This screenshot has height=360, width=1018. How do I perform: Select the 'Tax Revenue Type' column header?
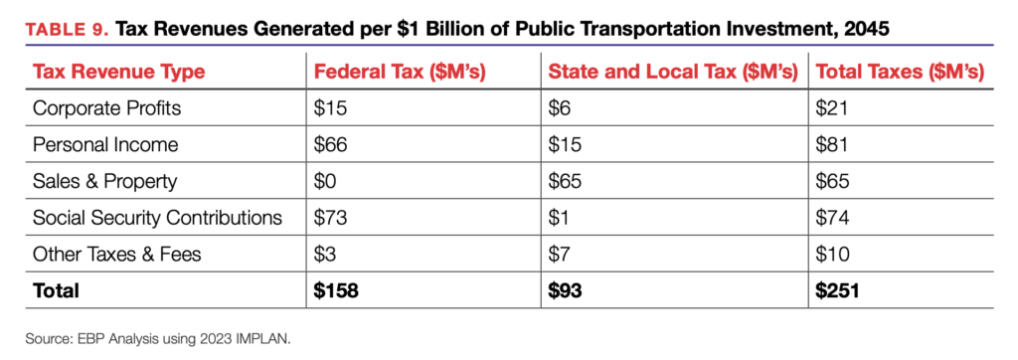[119, 72]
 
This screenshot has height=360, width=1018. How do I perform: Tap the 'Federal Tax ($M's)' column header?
[401, 72]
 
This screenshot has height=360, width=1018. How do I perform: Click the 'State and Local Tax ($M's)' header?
[673, 72]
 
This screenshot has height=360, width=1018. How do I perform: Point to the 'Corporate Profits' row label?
[106, 107]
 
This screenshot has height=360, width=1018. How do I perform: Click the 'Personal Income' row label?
[104, 144]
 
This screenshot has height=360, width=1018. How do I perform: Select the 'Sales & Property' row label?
[103, 181]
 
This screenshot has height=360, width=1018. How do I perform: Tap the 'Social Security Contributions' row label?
[157, 217]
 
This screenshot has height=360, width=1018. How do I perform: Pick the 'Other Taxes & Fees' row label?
[117, 254]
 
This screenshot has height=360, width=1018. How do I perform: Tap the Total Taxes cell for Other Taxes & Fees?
[832, 254]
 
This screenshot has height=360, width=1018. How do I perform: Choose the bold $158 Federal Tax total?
[336, 290]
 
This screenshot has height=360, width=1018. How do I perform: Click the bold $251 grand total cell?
[837, 290]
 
